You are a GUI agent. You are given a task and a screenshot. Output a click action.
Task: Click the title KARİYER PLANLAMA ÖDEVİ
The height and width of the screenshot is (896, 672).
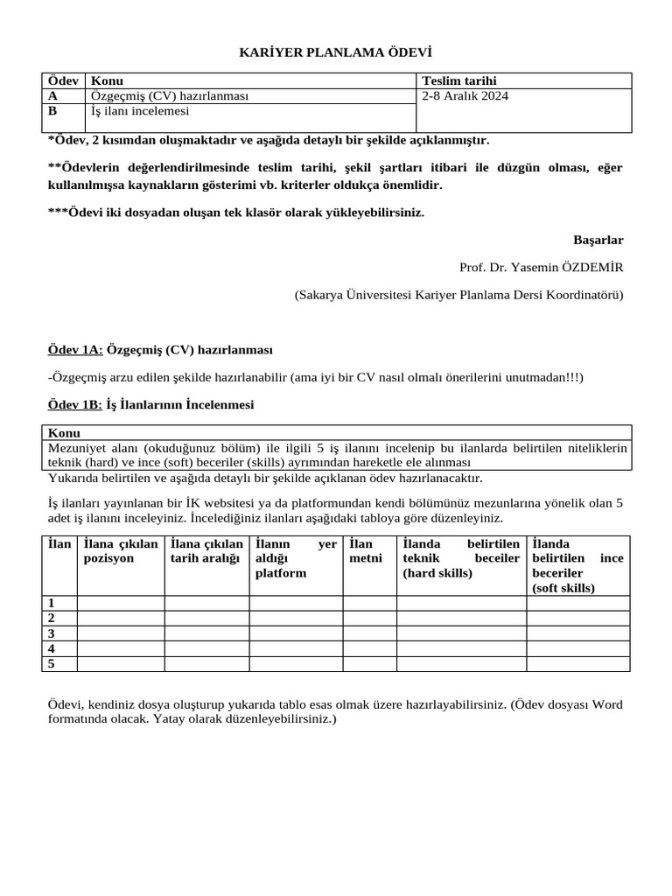click(x=336, y=53)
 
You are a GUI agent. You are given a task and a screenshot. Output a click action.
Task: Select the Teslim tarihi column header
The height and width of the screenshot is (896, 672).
click(x=458, y=80)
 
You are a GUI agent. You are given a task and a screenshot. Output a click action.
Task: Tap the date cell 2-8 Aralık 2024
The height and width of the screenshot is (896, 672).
click(x=465, y=96)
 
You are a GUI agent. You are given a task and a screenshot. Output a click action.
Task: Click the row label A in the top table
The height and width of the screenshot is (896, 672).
click(x=53, y=96)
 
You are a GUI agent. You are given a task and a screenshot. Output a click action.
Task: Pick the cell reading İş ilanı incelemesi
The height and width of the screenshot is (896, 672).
click(x=140, y=111)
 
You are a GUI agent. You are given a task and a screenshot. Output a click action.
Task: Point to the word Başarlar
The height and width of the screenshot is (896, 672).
click(x=598, y=240)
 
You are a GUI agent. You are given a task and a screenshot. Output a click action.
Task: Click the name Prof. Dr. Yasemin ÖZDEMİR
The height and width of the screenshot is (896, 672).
click(x=541, y=268)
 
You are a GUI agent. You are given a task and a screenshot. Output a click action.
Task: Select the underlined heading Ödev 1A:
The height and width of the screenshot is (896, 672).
click(x=74, y=350)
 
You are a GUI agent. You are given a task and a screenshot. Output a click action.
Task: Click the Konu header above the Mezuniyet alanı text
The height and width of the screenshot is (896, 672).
click(x=64, y=433)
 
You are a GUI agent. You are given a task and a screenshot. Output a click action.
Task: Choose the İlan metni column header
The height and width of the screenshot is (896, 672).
click(x=366, y=551)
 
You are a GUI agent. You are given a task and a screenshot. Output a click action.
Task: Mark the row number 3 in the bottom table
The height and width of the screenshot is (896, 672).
click(x=52, y=633)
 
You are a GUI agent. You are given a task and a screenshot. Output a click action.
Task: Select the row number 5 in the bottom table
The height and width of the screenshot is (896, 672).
click(x=52, y=664)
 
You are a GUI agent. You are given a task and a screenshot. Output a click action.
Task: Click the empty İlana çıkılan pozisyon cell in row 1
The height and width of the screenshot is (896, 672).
click(x=121, y=603)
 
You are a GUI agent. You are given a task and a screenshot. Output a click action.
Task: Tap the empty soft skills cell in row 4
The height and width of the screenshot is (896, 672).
click(x=577, y=648)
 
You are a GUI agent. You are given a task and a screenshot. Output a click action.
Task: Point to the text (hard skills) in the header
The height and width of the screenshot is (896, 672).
click(x=437, y=573)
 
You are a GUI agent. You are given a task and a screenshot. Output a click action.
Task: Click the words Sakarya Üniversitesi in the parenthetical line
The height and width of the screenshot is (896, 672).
click(x=357, y=295)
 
